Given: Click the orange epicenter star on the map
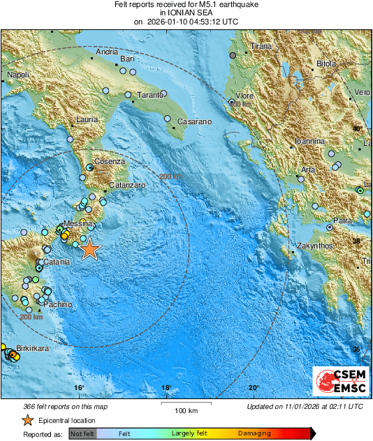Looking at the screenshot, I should pos(89,248).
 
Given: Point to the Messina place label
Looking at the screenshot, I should pos(78,224).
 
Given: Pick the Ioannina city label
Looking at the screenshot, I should pos(309,141).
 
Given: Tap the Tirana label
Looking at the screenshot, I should pos(261,46).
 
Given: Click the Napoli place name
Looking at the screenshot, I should pos(18,75).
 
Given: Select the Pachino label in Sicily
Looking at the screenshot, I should pos(57,305).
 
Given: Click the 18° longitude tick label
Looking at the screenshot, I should pos(166,388).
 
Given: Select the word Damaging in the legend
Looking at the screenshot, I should pos(254,434).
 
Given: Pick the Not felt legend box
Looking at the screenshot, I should pos(83,434).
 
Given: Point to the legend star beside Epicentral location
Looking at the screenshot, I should pos(27,420).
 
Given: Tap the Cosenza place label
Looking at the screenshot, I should pos(110,161).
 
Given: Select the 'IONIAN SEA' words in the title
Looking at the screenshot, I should pos(186,13).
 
